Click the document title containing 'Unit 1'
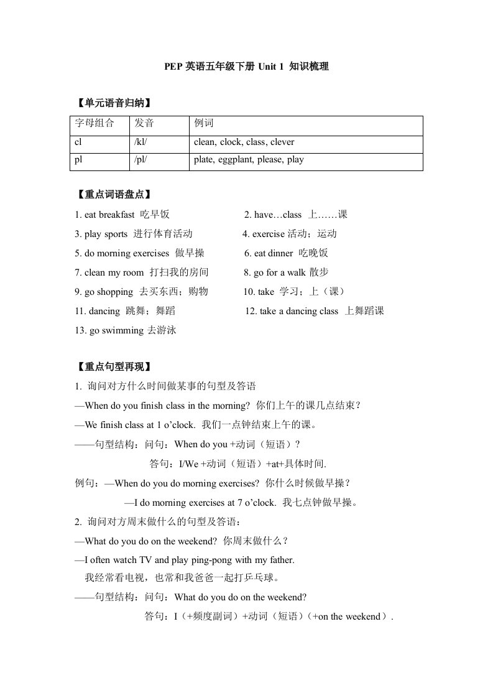coord(246,67)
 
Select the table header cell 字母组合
coord(94,123)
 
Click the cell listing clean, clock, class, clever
coord(244,142)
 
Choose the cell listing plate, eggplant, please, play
coord(249,159)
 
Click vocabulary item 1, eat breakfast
coord(122,215)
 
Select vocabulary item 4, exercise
coord(290,234)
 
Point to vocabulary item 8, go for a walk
coord(287,272)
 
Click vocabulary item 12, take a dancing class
coord(315,311)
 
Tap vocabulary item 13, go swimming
coord(126,330)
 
